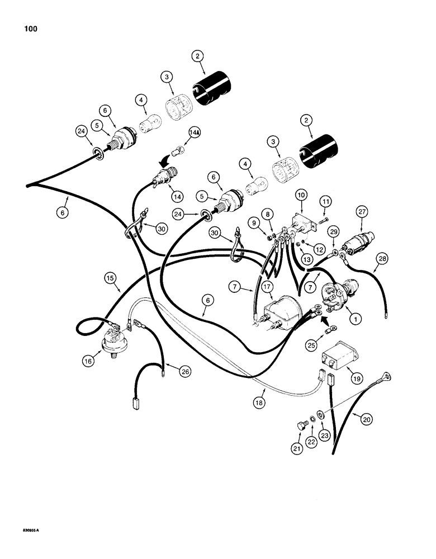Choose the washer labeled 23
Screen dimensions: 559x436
[x=320, y=415]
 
